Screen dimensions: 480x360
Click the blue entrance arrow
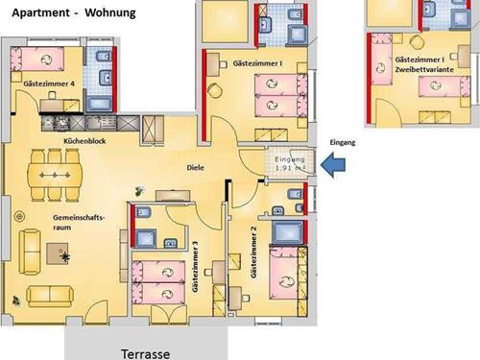click(x=333, y=165)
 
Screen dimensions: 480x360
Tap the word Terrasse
click(x=146, y=354)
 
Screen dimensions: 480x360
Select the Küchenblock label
click(x=84, y=141)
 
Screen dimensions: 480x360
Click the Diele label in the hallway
click(x=195, y=167)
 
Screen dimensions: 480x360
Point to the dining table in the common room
click(x=55, y=175)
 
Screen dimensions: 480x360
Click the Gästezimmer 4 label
click(x=49, y=84)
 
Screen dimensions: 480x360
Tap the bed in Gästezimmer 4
click(x=37, y=59)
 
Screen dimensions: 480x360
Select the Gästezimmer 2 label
click(x=253, y=252)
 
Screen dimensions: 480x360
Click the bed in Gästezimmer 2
click(x=284, y=273)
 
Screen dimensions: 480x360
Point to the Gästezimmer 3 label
click(x=195, y=266)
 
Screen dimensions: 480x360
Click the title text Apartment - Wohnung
click(x=74, y=12)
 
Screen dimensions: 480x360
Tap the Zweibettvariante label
click(x=424, y=69)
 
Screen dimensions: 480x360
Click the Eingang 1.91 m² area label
click(x=290, y=163)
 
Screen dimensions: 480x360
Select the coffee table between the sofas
click(x=58, y=253)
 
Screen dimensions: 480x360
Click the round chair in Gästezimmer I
click(x=215, y=90)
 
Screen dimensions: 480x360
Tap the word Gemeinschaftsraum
click(x=79, y=223)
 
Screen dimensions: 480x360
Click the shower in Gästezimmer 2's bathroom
click(x=287, y=231)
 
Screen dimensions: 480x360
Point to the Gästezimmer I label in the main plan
click(x=257, y=63)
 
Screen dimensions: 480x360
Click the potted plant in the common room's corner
click(x=16, y=300)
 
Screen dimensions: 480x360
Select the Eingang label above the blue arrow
click(x=343, y=142)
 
